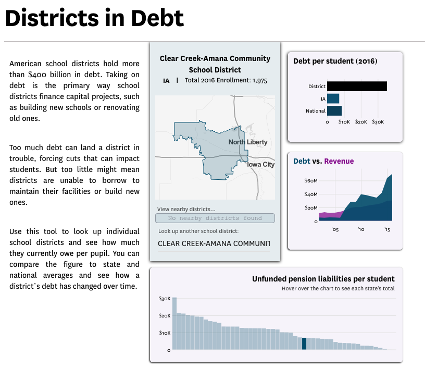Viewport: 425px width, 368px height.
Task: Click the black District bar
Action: [357, 86]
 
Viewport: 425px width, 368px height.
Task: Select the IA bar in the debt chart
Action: [333, 99]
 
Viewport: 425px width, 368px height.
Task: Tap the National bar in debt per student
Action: [334, 111]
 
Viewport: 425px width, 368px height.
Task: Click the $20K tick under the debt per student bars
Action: [361, 122]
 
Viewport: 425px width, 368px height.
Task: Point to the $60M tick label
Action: [310, 180]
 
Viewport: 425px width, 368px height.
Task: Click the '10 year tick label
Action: [361, 229]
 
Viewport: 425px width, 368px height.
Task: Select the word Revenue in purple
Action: [339, 161]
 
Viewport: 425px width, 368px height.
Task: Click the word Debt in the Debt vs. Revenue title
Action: [302, 161]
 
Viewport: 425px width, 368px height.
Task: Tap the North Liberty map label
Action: [248, 142]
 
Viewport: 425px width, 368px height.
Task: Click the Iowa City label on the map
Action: [261, 164]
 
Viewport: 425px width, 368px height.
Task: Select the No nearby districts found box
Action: [215, 218]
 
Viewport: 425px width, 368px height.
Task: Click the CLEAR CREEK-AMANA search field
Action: [214, 243]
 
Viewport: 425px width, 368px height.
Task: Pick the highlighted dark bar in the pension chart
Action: [304, 344]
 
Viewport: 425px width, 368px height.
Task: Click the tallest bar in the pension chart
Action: [174, 324]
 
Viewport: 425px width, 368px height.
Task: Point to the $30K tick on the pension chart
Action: [165, 299]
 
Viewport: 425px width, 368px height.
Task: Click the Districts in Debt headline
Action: [95, 18]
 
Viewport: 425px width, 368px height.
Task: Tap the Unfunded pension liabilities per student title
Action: [323, 279]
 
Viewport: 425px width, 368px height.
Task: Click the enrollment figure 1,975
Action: [260, 81]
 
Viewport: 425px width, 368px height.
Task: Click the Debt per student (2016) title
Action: [335, 61]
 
